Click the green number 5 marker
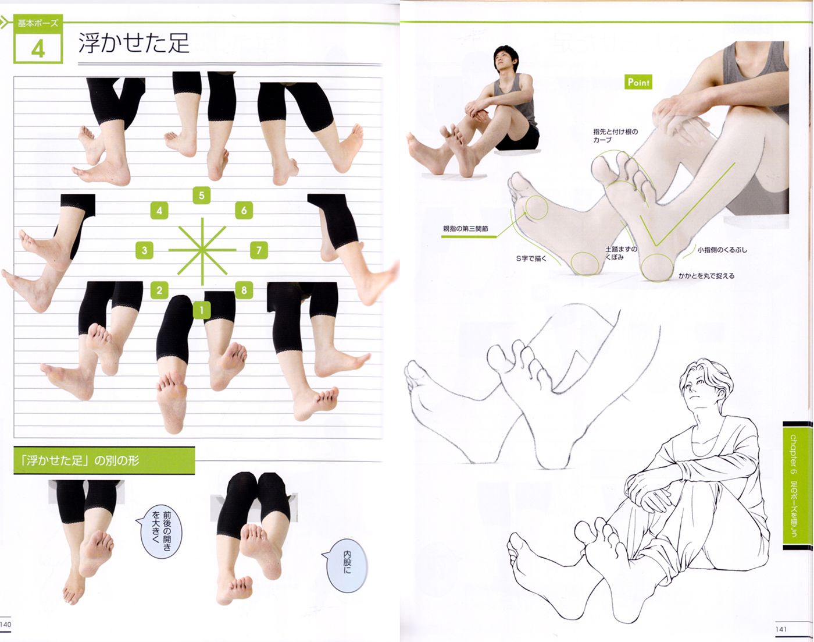click(202, 196)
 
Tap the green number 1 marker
click(202, 310)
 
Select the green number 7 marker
click(259, 251)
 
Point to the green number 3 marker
click(144, 251)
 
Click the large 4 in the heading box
click(38, 48)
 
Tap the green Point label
click(638, 82)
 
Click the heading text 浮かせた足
click(134, 44)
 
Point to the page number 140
click(6, 625)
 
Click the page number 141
click(781, 629)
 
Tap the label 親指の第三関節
click(466, 229)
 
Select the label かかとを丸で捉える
click(706, 276)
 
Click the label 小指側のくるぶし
click(722, 250)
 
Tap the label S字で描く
click(531, 258)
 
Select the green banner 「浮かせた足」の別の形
click(103, 460)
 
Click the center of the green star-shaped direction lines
click(202, 250)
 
